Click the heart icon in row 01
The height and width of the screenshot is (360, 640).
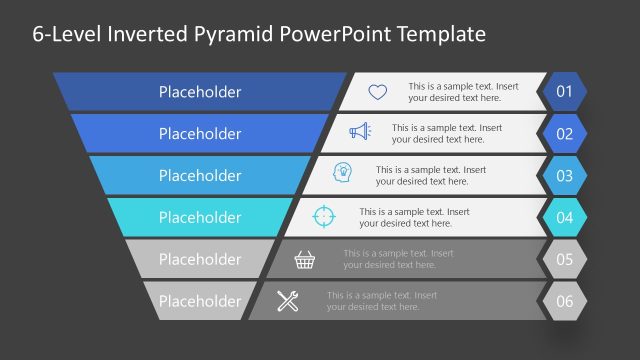tap(377, 92)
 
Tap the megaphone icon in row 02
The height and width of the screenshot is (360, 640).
tap(360, 132)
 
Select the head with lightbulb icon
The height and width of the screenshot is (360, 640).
tap(343, 174)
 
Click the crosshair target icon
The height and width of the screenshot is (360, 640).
tap(323, 216)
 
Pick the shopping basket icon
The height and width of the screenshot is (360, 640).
tap(305, 260)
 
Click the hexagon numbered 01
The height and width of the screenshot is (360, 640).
tap(564, 92)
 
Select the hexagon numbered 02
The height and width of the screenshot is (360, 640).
tap(564, 134)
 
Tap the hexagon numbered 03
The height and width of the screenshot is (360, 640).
tap(564, 176)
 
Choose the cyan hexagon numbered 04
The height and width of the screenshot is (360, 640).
tap(564, 217)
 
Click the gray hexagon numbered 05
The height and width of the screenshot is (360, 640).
tap(564, 259)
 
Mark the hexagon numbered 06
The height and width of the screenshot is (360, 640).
tap(564, 301)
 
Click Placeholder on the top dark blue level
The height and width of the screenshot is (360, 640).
tap(200, 92)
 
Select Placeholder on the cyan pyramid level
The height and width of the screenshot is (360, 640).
tap(200, 217)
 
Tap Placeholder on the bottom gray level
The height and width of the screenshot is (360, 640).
tap(200, 301)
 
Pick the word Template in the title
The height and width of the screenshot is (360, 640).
tap(439, 34)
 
